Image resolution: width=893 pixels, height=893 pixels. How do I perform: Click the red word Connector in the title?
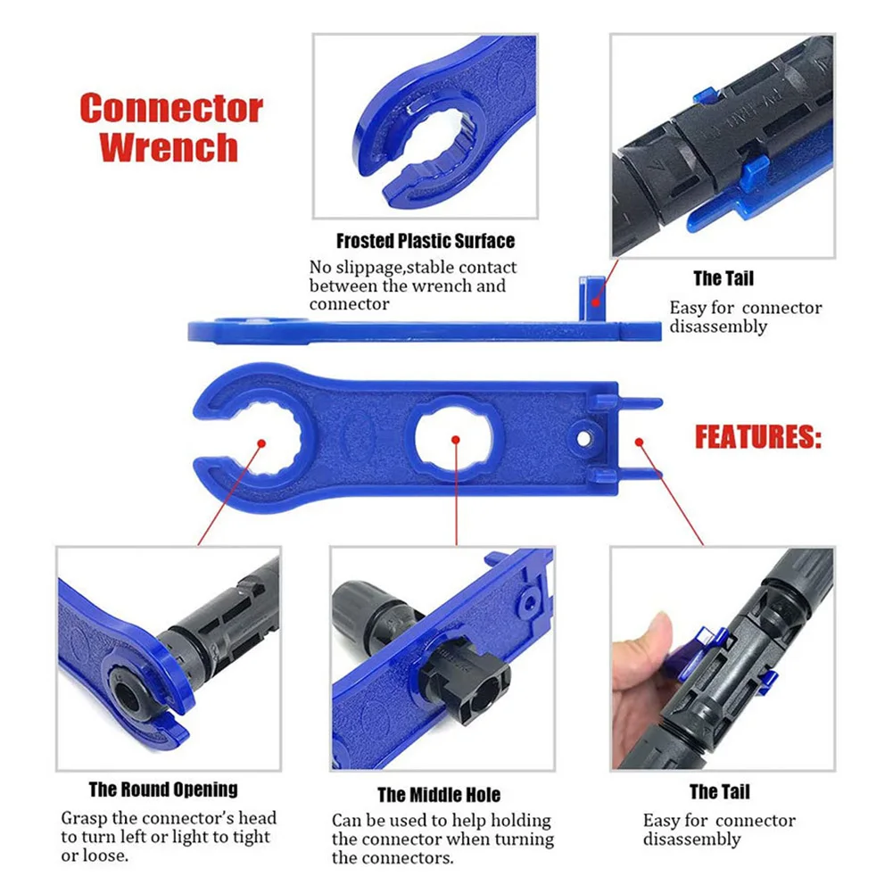171,109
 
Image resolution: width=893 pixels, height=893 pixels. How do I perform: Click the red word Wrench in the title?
169,146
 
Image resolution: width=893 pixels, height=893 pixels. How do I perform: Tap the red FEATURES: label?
757,438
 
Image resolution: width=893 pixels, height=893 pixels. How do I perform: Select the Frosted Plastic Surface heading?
425,241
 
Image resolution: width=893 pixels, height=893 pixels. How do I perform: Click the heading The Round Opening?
163,790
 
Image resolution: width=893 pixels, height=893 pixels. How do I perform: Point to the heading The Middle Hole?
439,795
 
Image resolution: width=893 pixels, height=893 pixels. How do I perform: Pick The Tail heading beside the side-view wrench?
723,279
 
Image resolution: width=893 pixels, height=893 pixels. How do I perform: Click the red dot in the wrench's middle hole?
456,440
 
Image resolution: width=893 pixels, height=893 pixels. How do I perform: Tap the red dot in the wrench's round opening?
263,441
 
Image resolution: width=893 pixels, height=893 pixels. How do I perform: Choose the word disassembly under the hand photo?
691,839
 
